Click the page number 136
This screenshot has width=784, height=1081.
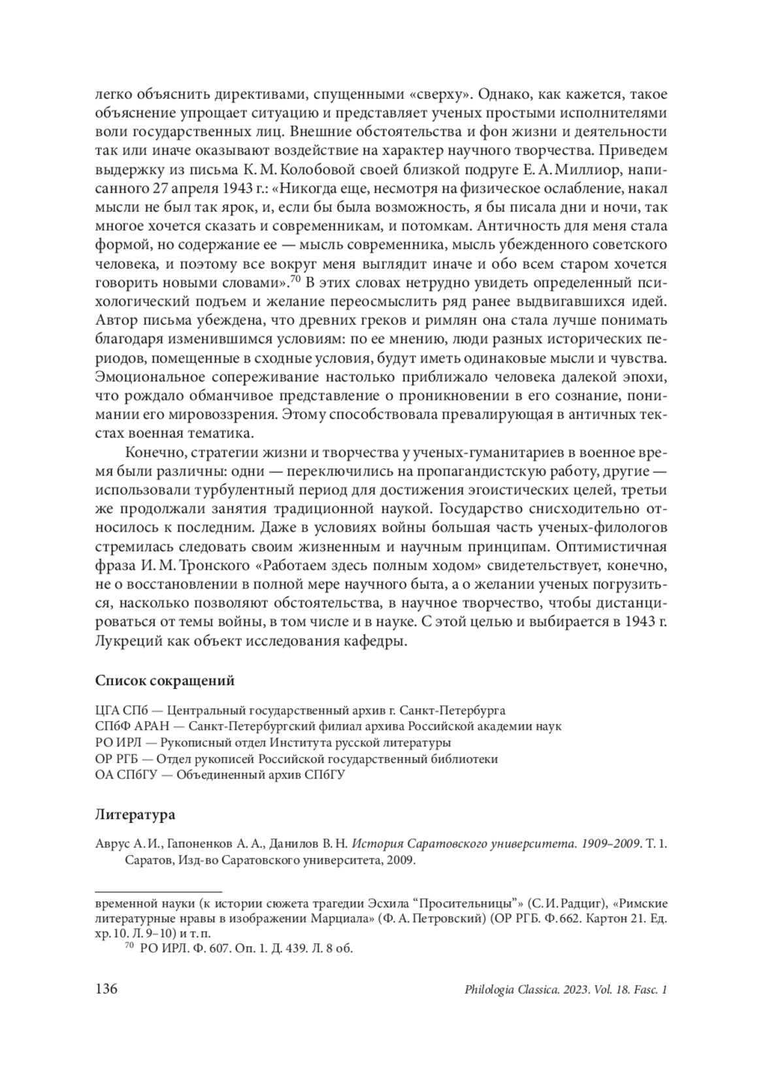(x=106, y=990)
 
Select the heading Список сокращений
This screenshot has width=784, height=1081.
(x=165, y=681)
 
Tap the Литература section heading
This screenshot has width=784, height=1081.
(x=135, y=815)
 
